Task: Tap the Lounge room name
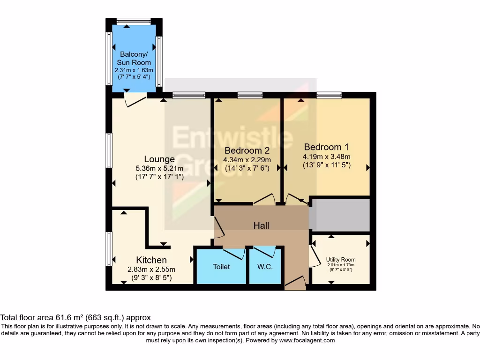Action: tap(159, 159)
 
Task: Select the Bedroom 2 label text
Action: tap(247, 150)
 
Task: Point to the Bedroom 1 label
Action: tap(326, 146)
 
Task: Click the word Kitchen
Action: tap(151, 260)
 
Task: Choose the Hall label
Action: tap(261, 225)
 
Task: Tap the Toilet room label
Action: tap(221, 267)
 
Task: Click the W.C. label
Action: tap(265, 267)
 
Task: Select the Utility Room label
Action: tap(341, 259)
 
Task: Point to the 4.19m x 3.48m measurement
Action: tap(326, 157)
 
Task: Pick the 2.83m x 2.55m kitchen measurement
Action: tap(151, 270)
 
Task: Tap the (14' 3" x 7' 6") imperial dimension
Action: tap(247, 168)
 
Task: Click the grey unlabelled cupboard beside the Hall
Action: tap(340, 215)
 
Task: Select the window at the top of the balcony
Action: tap(134, 21)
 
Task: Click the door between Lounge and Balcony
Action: tap(135, 99)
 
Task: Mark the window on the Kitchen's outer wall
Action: tap(109, 248)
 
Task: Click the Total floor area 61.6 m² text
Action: tap(75, 317)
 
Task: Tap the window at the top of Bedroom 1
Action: tap(329, 96)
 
